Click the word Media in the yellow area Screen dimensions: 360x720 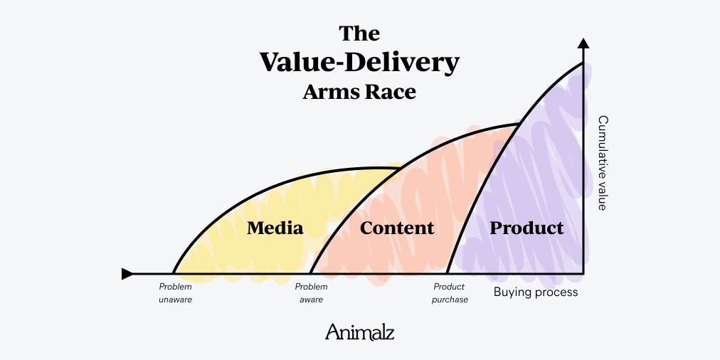(275, 228)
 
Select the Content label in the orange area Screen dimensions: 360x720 (396, 228)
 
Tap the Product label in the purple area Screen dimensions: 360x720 (526, 228)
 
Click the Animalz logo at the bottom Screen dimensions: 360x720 (359, 332)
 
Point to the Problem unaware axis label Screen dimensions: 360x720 (175, 293)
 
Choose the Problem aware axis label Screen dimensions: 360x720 (312, 293)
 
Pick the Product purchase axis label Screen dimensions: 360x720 (450, 293)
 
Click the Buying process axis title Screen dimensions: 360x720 (536, 292)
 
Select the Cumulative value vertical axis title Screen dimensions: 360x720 (602, 163)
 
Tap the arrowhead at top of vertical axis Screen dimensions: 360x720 (583, 43)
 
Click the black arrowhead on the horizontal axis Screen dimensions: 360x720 (127, 274)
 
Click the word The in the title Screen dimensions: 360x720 (359, 33)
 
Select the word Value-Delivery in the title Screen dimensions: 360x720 (359, 63)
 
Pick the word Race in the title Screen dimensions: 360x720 (391, 92)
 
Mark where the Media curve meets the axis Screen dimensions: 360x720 (173, 273)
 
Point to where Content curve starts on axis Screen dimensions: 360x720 (310, 273)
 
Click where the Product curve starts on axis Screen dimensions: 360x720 (447, 273)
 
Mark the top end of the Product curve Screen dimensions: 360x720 (583, 63)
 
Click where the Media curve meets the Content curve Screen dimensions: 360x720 (400, 169)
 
